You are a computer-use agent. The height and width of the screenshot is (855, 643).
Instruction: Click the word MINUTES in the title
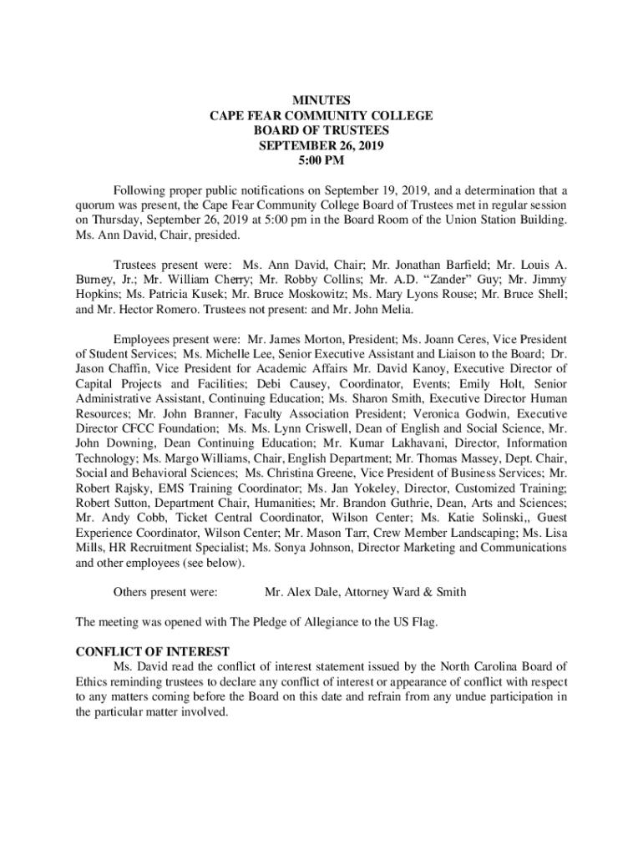click(321, 101)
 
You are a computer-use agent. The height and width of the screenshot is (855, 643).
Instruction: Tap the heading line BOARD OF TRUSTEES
click(321, 130)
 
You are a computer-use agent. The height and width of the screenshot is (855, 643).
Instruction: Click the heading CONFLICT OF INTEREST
click(153, 651)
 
